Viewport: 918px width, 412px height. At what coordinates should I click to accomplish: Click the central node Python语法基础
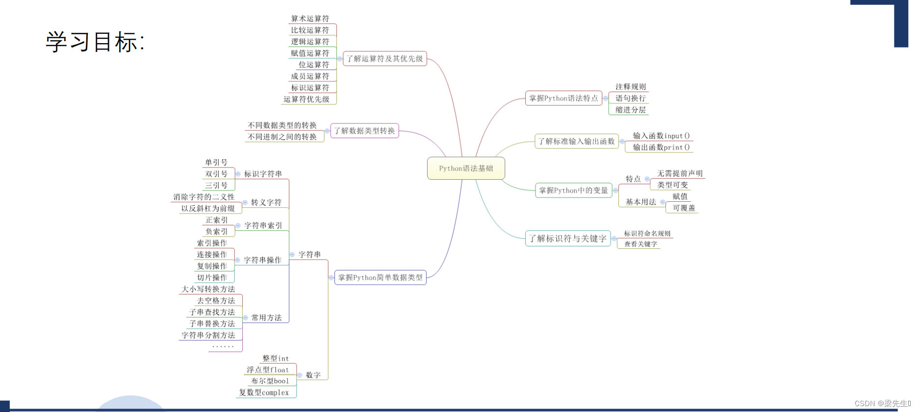pyautogui.click(x=466, y=169)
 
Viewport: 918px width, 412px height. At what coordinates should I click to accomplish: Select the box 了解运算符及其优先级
pyautogui.click(x=384, y=59)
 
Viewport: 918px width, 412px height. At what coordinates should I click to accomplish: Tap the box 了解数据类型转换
pyautogui.click(x=364, y=131)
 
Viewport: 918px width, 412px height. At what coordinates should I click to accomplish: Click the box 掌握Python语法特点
pyautogui.click(x=563, y=98)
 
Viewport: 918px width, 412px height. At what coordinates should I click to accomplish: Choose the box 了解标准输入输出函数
pyautogui.click(x=576, y=142)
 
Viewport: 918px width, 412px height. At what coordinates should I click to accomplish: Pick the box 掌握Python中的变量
pyautogui.click(x=573, y=191)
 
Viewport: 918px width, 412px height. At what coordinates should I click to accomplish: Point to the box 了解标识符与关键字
pyautogui.click(x=568, y=239)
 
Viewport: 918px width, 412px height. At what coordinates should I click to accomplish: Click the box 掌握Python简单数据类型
pyautogui.click(x=380, y=278)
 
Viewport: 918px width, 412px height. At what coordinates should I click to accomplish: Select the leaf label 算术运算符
pyautogui.click(x=310, y=19)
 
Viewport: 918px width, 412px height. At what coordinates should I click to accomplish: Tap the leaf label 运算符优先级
pyautogui.click(x=306, y=99)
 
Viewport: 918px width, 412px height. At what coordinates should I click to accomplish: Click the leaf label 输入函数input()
pyautogui.click(x=661, y=136)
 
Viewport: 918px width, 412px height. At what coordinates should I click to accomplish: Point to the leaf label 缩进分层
pyautogui.click(x=631, y=110)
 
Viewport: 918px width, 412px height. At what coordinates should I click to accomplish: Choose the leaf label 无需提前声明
pyautogui.click(x=680, y=173)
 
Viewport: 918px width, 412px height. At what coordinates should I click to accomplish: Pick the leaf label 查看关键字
pyautogui.click(x=640, y=244)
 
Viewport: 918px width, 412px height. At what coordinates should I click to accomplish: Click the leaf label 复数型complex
pyautogui.click(x=264, y=392)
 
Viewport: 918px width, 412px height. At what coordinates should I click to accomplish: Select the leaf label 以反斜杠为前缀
pyautogui.click(x=208, y=209)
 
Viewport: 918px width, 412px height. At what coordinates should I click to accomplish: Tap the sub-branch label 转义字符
pyautogui.click(x=266, y=203)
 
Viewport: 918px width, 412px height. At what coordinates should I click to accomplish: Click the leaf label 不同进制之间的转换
pyautogui.click(x=282, y=137)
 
